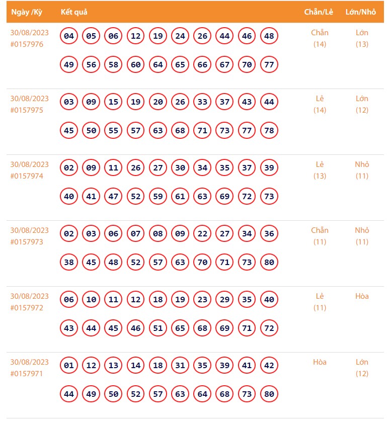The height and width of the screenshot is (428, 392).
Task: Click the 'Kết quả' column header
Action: coord(74,12)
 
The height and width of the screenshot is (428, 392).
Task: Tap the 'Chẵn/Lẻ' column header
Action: coord(319,12)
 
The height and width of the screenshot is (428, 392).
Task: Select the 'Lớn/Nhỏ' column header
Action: coord(361,12)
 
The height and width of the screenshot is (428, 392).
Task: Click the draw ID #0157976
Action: coord(27,44)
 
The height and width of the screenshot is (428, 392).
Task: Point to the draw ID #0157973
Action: coord(27,242)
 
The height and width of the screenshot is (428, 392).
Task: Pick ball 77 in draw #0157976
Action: coord(269,65)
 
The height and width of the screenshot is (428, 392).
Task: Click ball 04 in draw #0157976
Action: coord(69,36)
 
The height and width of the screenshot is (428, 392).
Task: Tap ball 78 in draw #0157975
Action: coord(269,131)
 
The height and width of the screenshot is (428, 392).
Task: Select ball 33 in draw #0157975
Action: coord(202,102)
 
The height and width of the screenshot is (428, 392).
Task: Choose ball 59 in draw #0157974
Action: coord(158,197)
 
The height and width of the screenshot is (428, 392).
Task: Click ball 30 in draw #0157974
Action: coord(180,168)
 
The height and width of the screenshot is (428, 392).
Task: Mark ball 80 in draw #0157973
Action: coord(269,263)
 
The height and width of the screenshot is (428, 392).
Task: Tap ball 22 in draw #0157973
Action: coord(202,234)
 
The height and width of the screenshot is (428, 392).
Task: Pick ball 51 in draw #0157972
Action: coord(158,328)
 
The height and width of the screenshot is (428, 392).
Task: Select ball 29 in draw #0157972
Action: coord(224,300)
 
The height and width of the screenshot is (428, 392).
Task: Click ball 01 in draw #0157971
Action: coord(69,366)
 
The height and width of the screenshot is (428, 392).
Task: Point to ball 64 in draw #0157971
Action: coord(202,394)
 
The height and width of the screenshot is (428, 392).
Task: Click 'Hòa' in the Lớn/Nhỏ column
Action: coord(362,296)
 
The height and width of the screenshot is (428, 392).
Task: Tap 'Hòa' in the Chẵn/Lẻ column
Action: coord(320,362)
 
